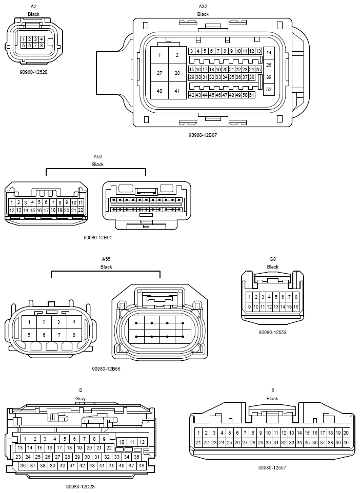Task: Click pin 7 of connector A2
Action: click(x=35, y=45)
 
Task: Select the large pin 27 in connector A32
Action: click(x=159, y=73)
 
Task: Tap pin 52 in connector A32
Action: click(x=269, y=89)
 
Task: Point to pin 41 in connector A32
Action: click(x=177, y=91)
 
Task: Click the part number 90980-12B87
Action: click(x=203, y=135)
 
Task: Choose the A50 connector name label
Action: click(x=98, y=157)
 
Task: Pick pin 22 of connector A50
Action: click(x=81, y=210)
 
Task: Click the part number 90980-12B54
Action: click(x=97, y=238)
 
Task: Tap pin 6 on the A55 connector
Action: click(x=44, y=335)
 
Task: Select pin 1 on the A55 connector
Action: click(x=29, y=322)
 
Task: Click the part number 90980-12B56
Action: click(x=106, y=369)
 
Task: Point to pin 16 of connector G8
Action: click(x=296, y=306)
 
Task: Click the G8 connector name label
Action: click(x=272, y=259)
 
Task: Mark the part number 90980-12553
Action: click(x=272, y=332)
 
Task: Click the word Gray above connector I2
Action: click(x=80, y=399)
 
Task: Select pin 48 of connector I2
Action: click(x=142, y=466)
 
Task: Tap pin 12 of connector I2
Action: click(x=142, y=442)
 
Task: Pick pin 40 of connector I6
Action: click(x=346, y=442)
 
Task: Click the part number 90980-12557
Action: click(x=272, y=467)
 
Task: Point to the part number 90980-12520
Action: click(x=33, y=72)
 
